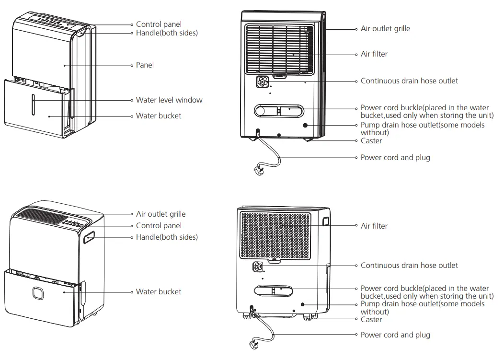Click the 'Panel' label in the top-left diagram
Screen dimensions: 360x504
click(x=145, y=65)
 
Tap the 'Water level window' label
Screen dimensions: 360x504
click(x=169, y=100)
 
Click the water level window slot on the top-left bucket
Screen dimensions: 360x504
click(x=34, y=104)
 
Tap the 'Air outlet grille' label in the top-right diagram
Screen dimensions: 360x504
click(x=385, y=29)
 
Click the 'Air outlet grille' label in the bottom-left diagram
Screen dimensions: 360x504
click(x=160, y=214)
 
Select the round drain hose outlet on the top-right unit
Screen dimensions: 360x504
click(x=263, y=82)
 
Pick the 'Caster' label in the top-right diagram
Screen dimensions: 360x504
click(x=371, y=141)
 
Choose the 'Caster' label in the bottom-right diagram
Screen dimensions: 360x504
click(x=371, y=319)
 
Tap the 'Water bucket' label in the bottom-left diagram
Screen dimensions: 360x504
click(x=159, y=291)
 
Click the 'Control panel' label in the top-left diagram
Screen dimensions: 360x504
click(x=159, y=24)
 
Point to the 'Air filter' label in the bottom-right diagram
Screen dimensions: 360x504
click(x=374, y=226)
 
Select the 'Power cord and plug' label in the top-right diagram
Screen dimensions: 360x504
click(x=395, y=157)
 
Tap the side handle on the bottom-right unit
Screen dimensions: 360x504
click(x=326, y=221)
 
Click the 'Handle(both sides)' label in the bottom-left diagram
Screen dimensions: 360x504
click(x=167, y=237)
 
